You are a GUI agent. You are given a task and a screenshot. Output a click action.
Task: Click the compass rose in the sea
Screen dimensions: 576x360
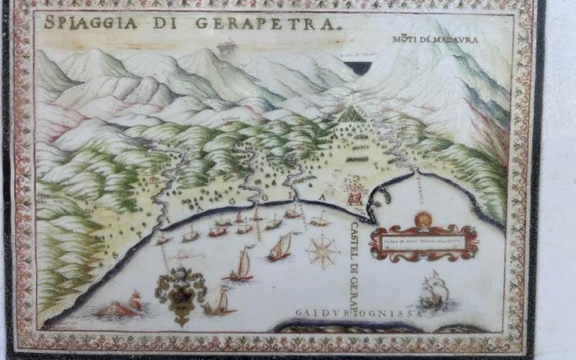322,251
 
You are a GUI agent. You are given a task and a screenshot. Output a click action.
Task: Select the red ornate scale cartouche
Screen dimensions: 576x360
424,242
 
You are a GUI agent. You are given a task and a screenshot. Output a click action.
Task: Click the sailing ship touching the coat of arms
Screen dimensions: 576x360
220,301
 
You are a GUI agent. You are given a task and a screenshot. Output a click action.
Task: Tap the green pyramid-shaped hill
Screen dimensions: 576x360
352,113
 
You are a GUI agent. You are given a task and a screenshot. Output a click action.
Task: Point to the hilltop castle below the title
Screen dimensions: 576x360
226,47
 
